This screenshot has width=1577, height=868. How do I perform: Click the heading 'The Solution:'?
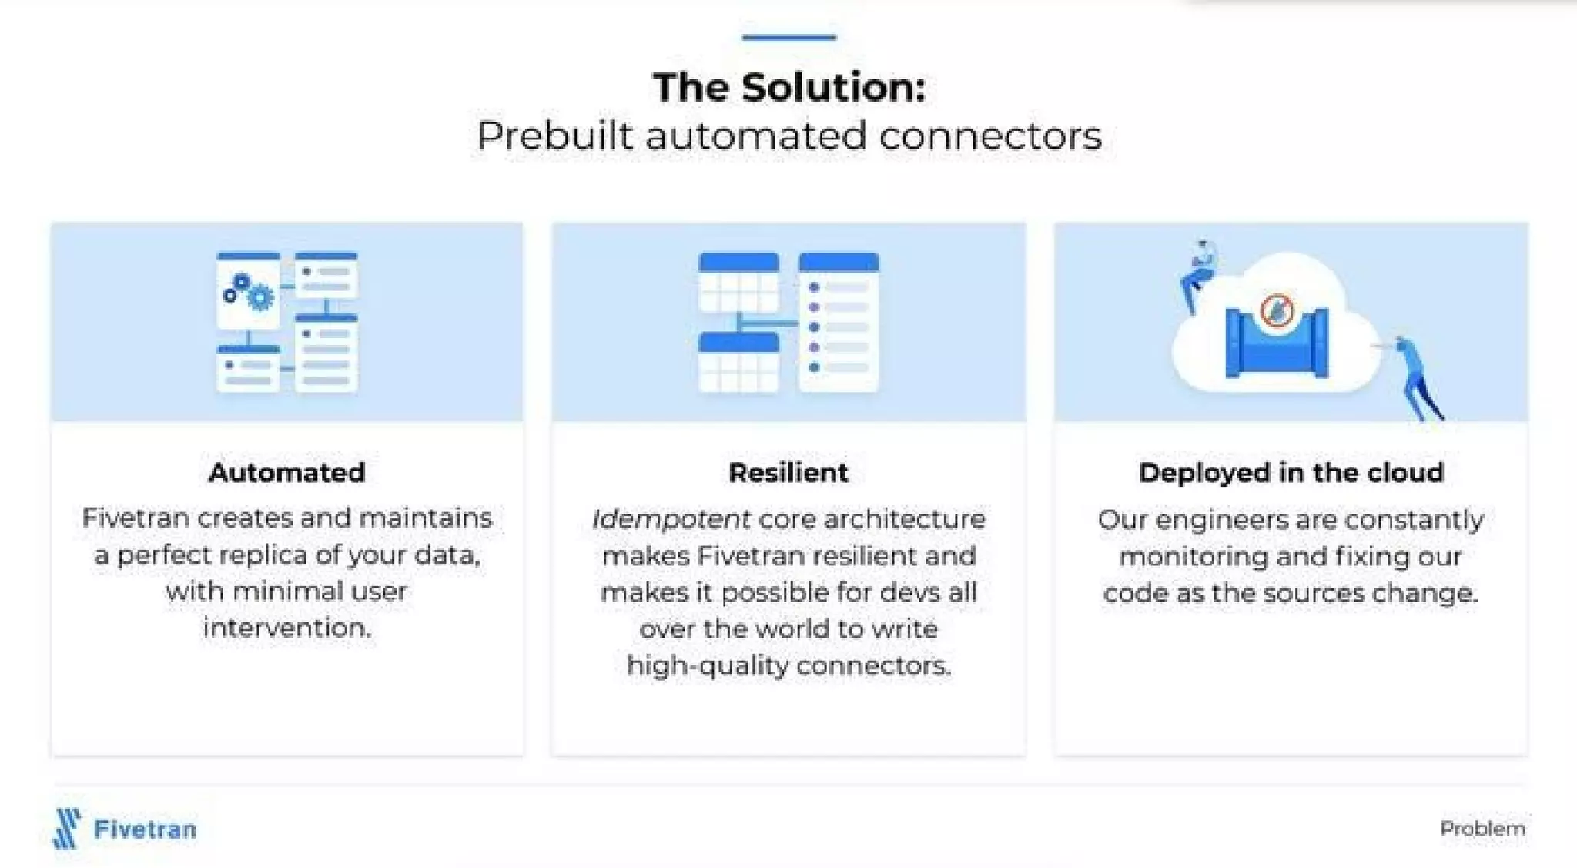pyautogui.click(x=788, y=87)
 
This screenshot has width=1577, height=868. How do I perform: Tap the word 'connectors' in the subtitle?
pyautogui.click(x=990, y=136)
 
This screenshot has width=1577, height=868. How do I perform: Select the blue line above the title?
pyautogui.click(x=788, y=36)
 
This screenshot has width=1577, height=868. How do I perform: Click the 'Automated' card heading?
pyautogui.click(x=286, y=472)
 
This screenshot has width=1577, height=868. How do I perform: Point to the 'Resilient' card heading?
pyautogui.click(x=788, y=472)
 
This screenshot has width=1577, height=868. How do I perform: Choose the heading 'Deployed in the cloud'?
pyautogui.click(x=1291, y=472)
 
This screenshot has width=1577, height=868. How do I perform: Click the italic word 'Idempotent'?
pyautogui.click(x=671, y=519)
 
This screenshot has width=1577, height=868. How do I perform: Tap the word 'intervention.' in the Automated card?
pyautogui.click(x=286, y=628)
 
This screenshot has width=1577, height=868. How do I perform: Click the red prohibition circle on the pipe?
pyautogui.click(x=1277, y=310)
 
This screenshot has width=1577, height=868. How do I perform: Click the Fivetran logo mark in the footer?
pyautogui.click(x=67, y=828)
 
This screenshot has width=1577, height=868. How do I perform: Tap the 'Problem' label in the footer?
pyautogui.click(x=1482, y=829)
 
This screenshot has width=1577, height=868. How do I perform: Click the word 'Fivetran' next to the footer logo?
pyautogui.click(x=145, y=829)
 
